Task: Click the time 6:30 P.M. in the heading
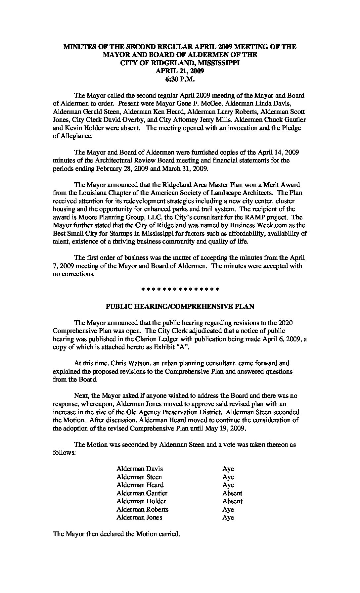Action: click(x=180, y=79)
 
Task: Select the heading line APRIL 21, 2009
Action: click(x=180, y=71)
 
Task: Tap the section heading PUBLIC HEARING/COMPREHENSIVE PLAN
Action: click(x=180, y=306)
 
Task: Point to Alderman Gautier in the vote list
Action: click(x=142, y=493)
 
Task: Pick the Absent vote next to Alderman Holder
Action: click(x=232, y=501)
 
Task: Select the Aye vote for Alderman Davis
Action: click(x=228, y=469)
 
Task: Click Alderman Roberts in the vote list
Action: click(x=142, y=509)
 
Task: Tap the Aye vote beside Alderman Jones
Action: click(x=228, y=517)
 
